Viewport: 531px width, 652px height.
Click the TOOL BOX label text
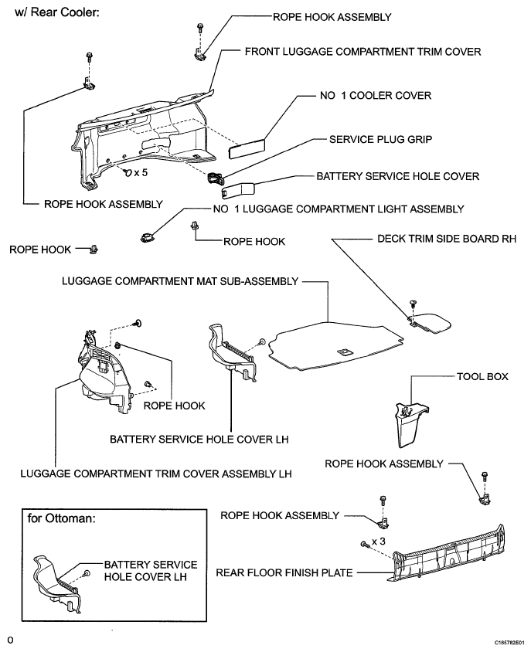482,377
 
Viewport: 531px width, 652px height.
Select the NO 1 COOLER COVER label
376,96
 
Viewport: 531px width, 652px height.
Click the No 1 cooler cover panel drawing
247,148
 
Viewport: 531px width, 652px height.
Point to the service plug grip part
215,178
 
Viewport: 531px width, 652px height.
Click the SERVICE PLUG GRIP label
380,139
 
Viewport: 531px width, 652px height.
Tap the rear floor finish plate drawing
448,555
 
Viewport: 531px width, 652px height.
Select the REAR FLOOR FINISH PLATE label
284,573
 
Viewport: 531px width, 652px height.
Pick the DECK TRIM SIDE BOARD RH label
447,239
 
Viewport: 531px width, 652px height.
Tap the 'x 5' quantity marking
141,172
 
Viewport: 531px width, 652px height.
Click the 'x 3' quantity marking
378,542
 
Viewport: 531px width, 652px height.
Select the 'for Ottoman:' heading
61,518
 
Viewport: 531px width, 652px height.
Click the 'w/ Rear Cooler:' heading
57,12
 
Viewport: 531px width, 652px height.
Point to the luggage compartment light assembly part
146,238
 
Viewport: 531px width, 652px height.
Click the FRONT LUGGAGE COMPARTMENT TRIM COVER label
363,52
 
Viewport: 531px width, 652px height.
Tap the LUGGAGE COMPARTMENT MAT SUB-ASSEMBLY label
180,281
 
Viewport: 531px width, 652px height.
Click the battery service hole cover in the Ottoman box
57,583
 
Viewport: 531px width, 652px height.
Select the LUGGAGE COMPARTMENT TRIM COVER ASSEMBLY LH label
156,474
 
